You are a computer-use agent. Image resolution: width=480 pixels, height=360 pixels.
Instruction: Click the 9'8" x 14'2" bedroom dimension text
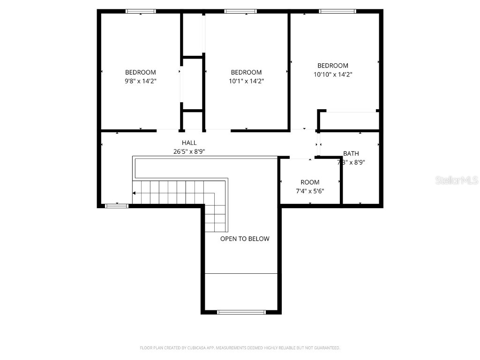tap(141, 81)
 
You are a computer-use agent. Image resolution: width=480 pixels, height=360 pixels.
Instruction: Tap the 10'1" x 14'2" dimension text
tap(246, 81)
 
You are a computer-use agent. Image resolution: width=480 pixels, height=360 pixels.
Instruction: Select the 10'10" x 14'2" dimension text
tap(333, 75)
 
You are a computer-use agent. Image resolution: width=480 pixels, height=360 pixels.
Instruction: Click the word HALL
tap(189, 143)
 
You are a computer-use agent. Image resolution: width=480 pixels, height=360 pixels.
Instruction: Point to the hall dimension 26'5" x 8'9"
tap(189, 151)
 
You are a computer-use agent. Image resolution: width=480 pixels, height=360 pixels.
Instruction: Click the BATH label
tap(351, 154)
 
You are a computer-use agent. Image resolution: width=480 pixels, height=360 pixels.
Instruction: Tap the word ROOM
tap(310, 182)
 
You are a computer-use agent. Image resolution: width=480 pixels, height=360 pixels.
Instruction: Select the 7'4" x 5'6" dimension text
tap(310, 191)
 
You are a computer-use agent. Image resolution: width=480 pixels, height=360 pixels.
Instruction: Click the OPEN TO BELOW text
tap(245, 239)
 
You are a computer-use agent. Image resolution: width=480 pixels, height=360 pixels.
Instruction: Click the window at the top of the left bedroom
tap(141, 11)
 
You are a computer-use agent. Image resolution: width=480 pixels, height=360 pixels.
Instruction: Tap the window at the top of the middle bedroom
tap(240, 11)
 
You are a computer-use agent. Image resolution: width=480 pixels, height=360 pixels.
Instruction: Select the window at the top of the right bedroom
tap(337, 11)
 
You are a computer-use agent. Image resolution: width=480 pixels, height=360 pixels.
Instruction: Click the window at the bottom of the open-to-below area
tap(241, 312)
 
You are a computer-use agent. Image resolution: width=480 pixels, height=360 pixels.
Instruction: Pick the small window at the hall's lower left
tap(116, 205)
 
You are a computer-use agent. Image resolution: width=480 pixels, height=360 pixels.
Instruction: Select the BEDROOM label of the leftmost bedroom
tap(141, 73)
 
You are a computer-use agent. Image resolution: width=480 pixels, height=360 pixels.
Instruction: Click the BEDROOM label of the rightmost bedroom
tap(333, 66)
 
